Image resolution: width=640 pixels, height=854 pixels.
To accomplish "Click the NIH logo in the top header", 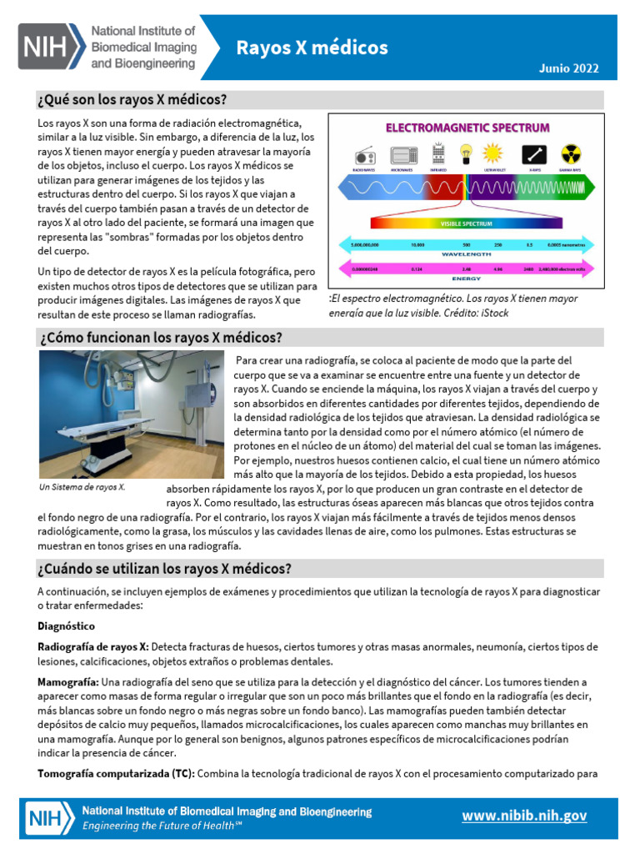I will coord(52,47).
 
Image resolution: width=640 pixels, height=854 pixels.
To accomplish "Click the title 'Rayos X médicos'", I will coord(312,48).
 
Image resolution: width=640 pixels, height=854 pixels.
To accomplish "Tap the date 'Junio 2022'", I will coord(570,68).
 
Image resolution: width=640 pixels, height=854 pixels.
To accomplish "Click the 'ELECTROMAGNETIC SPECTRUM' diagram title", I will coord(467,128).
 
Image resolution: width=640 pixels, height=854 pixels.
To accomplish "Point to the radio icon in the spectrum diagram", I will coord(364,155).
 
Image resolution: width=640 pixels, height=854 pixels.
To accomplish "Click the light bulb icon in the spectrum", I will coord(467,153).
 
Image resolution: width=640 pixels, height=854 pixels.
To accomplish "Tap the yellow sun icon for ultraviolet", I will coord(493,153).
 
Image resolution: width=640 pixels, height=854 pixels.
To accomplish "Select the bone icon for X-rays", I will coord(533,154).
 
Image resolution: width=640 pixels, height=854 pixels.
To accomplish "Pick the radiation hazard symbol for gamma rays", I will coord(570,154).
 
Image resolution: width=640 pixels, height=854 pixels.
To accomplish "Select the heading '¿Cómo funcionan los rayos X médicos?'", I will coord(160,337).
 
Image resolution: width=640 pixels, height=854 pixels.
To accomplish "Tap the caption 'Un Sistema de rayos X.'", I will coord(82,487).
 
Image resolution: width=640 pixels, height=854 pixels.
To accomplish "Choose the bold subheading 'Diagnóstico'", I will coord(66,625).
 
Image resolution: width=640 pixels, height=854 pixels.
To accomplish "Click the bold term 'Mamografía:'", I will coord(69,681).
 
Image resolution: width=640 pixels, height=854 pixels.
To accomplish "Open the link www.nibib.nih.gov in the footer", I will coord(524,816).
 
